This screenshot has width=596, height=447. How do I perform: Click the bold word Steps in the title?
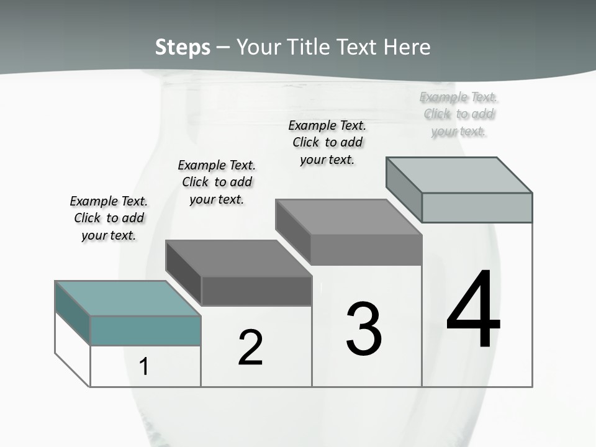point(183,47)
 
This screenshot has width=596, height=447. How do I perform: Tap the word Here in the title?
point(407,47)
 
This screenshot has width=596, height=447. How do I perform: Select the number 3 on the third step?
point(364,328)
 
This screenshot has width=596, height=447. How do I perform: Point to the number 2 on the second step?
point(250,348)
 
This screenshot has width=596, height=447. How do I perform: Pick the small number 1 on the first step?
point(144,367)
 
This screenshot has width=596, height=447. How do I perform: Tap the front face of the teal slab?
point(145,330)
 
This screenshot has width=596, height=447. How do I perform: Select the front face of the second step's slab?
point(256,291)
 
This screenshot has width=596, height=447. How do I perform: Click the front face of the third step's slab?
point(366,250)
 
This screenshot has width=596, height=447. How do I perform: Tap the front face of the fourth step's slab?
point(477,207)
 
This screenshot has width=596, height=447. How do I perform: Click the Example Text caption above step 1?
point(109,218)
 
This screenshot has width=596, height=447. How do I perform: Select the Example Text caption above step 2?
point(217,182)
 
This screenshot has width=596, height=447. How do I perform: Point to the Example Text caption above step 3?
point(327,142)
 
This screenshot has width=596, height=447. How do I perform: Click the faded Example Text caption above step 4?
point(459,114)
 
